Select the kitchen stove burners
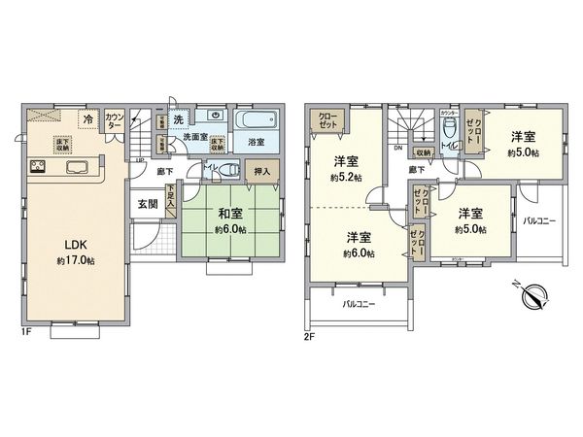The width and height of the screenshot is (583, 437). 41,165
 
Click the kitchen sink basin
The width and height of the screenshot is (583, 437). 77,165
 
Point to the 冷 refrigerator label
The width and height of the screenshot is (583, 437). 87,119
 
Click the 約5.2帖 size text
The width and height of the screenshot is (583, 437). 347,178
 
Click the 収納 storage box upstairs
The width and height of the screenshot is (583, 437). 425,151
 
